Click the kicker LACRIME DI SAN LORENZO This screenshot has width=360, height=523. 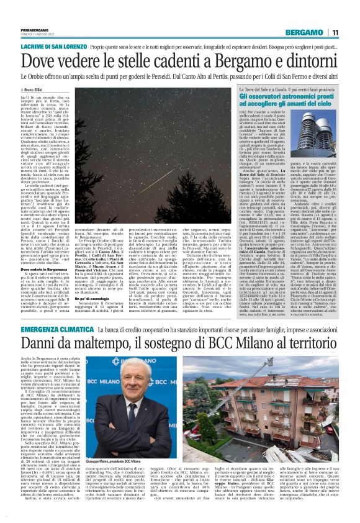point(51,47)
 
